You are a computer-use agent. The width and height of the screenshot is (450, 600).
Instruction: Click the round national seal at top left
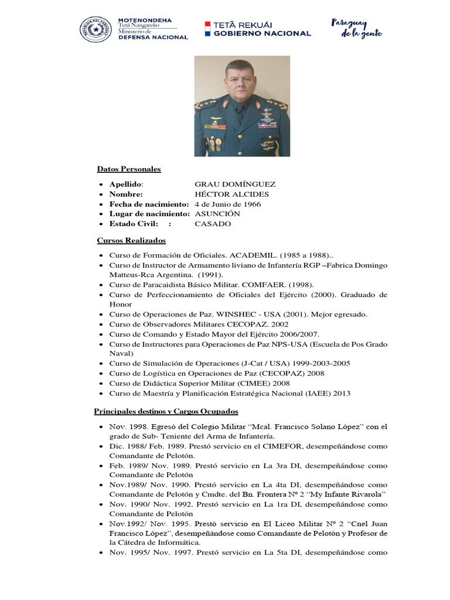click(x=96, y=29)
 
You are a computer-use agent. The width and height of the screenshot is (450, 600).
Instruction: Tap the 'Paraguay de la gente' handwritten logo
click(x=357, y=28)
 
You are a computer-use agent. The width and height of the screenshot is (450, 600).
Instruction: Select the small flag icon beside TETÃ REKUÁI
click(x=207, y=29)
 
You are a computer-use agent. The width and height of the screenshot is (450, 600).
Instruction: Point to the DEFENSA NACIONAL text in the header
click(x=153, y=37)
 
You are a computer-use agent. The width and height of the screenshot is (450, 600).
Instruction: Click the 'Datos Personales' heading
click(x=129, y=169)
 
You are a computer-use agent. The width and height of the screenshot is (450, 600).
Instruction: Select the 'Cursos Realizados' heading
click(x=131, y=241)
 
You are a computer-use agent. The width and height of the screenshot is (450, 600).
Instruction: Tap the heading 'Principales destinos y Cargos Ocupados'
click(x=166, y=412)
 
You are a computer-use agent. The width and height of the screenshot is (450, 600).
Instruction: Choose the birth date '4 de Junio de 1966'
click(x=228, y=204)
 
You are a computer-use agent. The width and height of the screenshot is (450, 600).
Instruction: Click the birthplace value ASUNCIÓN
click(x=217, y=214)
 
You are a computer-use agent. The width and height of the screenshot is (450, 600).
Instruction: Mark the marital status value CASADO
click(x=213, y=224)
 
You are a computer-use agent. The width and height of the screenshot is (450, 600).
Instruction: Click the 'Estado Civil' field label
click(x=134, y=224)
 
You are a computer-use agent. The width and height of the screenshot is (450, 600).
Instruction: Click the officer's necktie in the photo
click(x=241, y=113)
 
